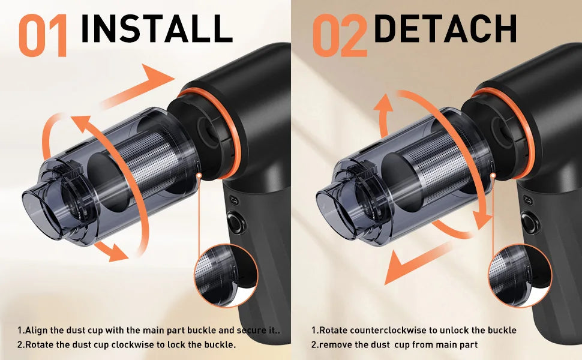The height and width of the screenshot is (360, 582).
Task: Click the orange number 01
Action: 43,35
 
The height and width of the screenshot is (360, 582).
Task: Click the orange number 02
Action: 339,35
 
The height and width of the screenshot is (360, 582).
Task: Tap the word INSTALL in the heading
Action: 155,28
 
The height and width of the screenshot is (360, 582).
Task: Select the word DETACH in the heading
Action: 445,28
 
